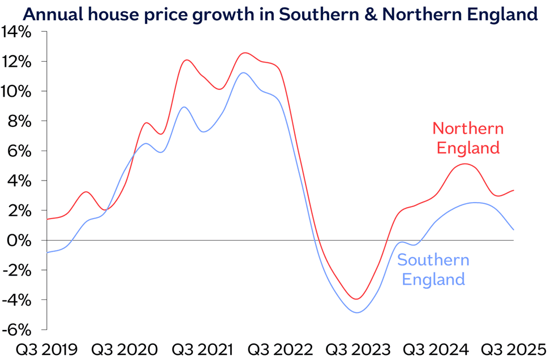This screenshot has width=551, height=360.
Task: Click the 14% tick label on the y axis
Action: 19,32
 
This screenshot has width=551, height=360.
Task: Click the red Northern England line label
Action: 467,138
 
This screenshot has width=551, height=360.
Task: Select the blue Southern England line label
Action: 433,269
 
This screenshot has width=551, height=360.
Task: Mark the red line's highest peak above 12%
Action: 244,53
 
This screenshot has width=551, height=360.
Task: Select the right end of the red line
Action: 514,190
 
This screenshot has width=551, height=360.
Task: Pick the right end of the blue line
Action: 514,229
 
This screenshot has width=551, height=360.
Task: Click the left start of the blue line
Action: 47,252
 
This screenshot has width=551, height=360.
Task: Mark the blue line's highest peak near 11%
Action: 243,72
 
